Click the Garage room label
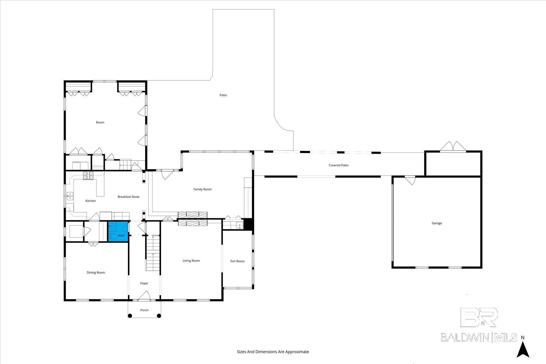[437, 223]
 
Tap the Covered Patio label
[338, 165]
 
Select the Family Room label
[202, 189]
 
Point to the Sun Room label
[237, 261]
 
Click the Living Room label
[191, 261]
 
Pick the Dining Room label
[96, 272]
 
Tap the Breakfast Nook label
[129, 197]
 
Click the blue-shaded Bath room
[118, 231]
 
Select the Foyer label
[144, 283]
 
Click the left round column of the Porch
[130, 316]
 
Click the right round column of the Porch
[159, 316]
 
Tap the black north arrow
[523, 350]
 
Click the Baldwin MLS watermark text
[479, 337]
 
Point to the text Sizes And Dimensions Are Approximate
[273, 352]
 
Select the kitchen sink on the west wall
[70, 196]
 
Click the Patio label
[223, 95]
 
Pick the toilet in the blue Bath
[113, 236]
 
